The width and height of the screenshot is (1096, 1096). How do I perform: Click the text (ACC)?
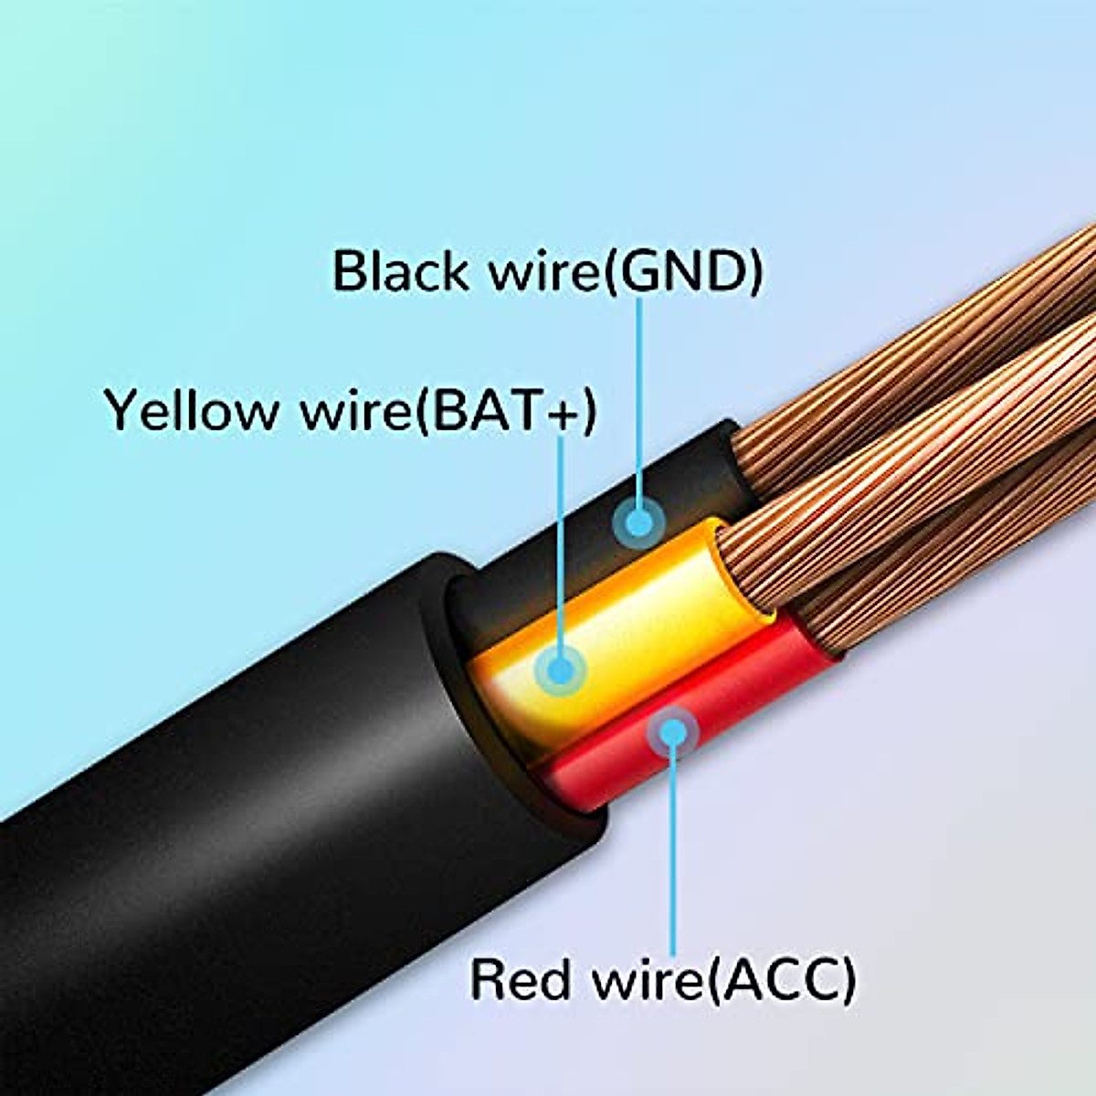781,978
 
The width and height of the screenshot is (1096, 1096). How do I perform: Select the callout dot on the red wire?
673,732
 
